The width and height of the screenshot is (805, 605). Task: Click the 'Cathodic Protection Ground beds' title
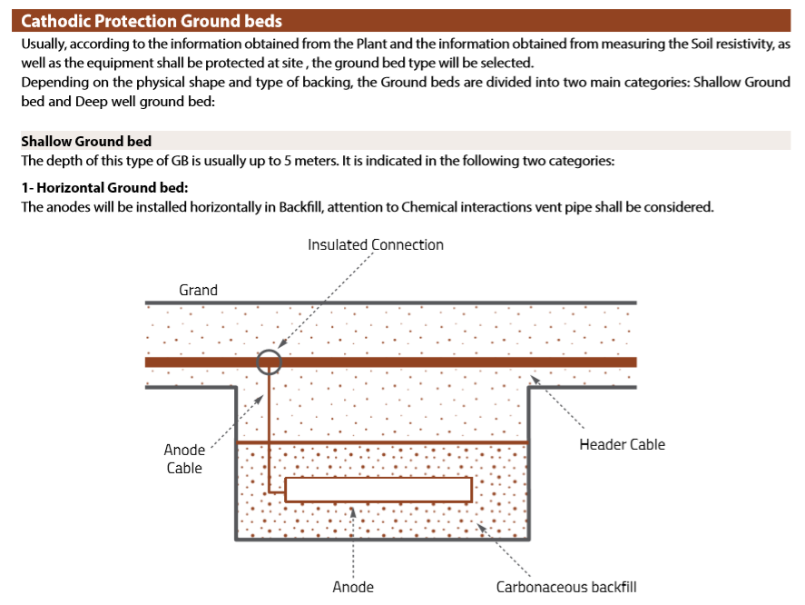click(x=152, y=21)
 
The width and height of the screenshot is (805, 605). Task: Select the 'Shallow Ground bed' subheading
click(x=86, y=141)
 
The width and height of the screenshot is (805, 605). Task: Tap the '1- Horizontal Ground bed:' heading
click(x=104, y=188)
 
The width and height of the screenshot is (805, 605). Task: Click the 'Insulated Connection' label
click(x=376, y=244)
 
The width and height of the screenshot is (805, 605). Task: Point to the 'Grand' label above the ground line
click(x=198, y=290)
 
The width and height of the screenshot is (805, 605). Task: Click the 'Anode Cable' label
click(x=184, y=459)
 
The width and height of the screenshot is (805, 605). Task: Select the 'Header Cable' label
click(x=623, y=444)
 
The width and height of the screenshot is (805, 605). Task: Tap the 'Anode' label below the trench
click(x=353, y=587)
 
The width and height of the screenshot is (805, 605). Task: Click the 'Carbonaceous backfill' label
click(x=566, y=587)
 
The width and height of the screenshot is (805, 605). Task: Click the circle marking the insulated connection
click(x=269, y=350)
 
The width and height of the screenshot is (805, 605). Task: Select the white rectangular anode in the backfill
click(x=378, y=490)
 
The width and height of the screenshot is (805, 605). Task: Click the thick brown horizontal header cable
click(x=390, y=362)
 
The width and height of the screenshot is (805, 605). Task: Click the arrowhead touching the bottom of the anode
click(x=353, y=512)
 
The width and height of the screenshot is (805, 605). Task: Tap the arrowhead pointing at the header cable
click(x=535, y=380)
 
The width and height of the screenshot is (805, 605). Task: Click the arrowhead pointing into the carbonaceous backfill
click(x=482, y=528)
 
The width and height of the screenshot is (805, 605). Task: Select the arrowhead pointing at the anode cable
click(x=260, y=399)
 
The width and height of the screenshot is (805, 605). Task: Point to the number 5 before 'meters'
click(x=288, y=161)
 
